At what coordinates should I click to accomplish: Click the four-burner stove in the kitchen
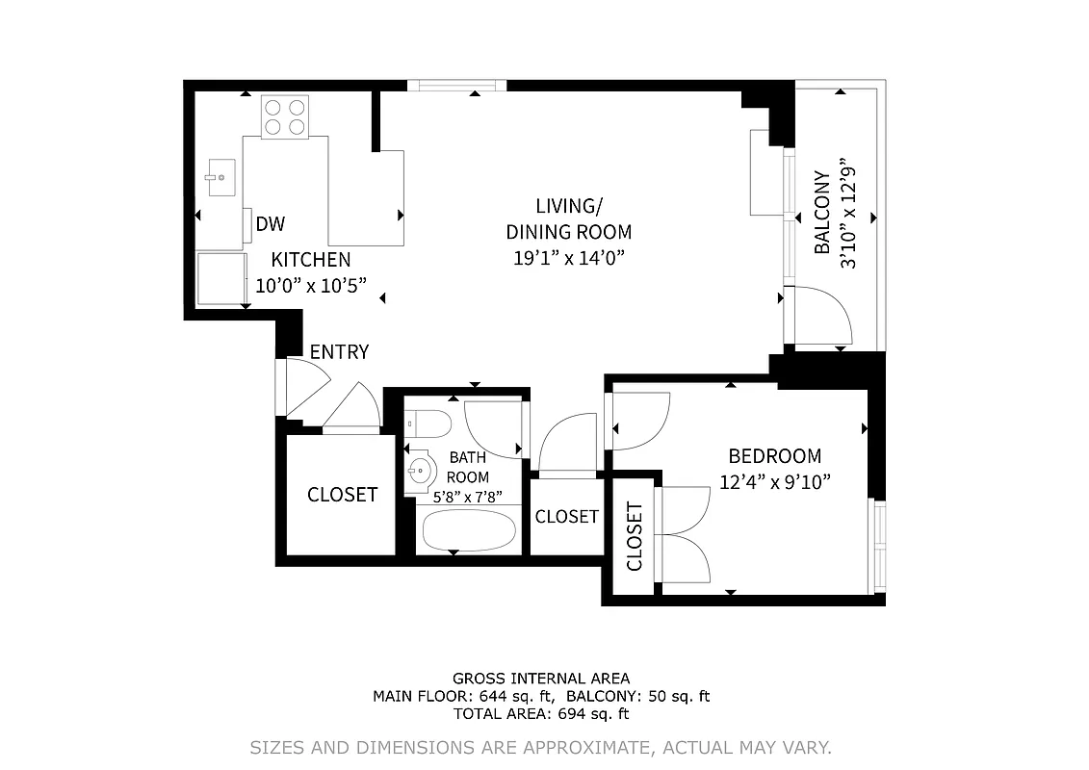point(285,116)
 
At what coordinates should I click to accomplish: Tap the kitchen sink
point(220,177)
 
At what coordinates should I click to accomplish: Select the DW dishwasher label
point(271,224)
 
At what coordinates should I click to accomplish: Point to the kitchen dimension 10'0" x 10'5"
point(311,285)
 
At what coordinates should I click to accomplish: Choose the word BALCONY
point(821,213)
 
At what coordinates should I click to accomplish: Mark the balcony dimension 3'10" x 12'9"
point(848,213)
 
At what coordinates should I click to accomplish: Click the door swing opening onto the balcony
point(819,316)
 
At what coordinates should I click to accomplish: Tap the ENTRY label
point(339,352)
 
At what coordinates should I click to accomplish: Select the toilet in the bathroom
point(428,423)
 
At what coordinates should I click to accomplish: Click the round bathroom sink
point(421,472)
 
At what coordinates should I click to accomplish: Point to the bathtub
point(469,531)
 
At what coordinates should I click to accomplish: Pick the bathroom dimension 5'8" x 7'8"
point(468,497)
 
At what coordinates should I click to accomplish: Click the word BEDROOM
point(774,456)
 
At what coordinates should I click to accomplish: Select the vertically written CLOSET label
point(635,536)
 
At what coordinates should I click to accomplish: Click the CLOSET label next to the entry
point(342,495)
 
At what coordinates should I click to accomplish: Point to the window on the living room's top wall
point(456,86)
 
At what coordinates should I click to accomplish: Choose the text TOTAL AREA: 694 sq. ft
point(541,714)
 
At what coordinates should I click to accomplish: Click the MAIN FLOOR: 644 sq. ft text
point(464,696)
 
